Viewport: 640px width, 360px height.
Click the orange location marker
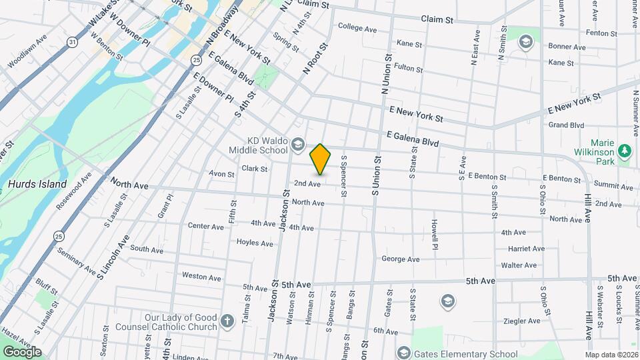[321, 159]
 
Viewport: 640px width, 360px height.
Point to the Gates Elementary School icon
[403, 353]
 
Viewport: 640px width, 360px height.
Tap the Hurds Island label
[37, 184]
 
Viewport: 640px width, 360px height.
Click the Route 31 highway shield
[72, 42]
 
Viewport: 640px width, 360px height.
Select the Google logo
[22, 351]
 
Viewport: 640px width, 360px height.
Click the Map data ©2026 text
[611, 355]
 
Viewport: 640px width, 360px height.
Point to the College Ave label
[358, 27]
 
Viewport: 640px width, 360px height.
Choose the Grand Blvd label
[566, 125]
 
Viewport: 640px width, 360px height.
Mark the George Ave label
[400, 259]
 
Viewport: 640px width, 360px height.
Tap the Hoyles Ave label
[255, 243]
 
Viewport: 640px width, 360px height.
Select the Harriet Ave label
[527, 249]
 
